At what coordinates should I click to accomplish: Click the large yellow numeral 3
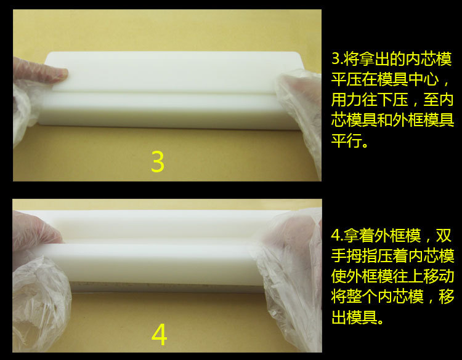(157, 161)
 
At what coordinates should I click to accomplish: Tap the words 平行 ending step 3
(346, 140)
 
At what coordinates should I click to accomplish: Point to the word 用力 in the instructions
(346, 99)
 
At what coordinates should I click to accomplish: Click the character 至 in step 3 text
(431, 99)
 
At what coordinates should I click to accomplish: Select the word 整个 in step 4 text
(362, 297)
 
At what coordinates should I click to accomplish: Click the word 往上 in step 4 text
(408, 276)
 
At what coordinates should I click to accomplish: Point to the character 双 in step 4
(444, 236)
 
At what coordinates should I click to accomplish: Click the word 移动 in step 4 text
(439, 276)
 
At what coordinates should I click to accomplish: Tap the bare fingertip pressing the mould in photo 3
(60, 74)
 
